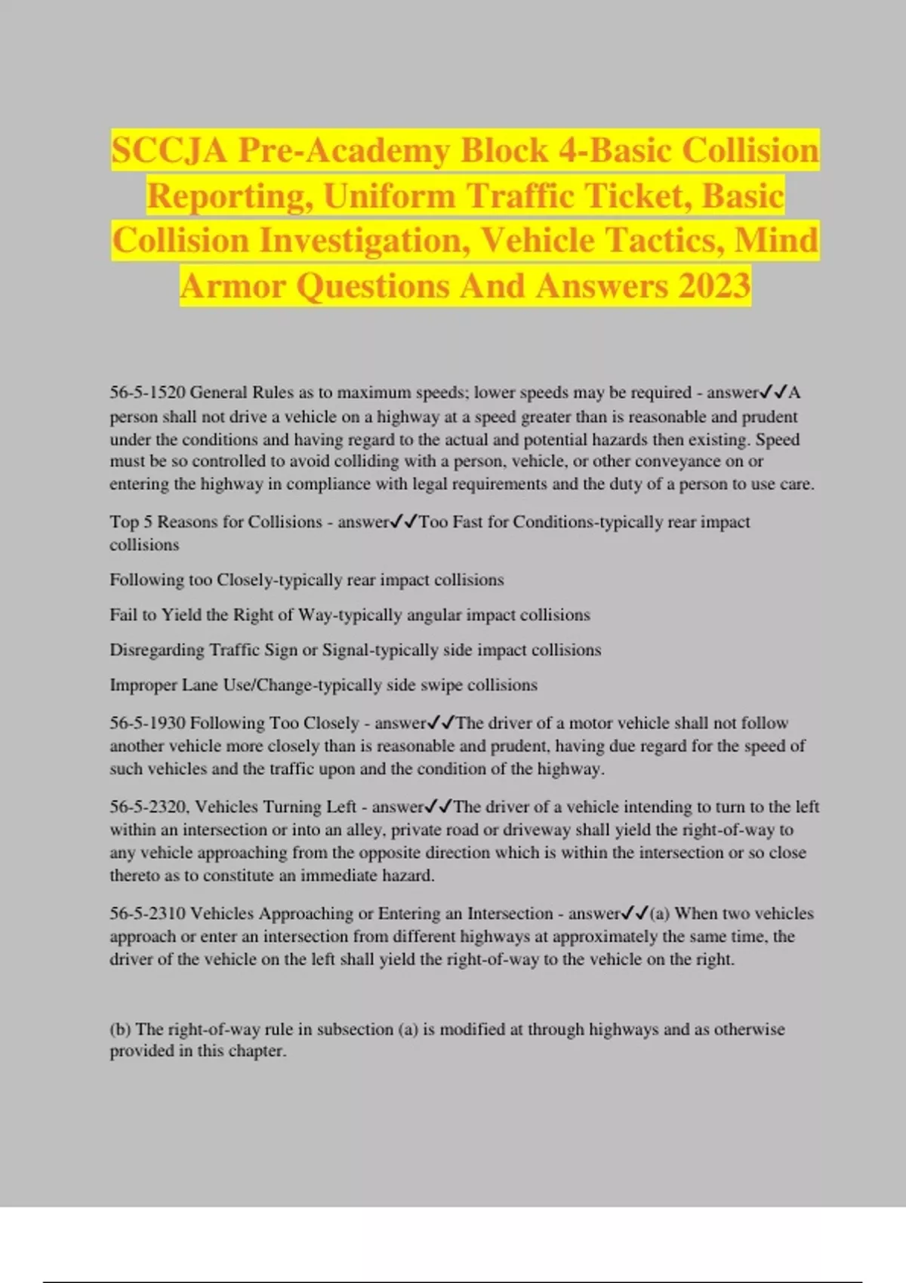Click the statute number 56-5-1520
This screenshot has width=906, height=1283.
[x=147, y=392]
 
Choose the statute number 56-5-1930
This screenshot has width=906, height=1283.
[x=147, y=723]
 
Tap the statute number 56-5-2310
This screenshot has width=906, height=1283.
[x=147, y=913]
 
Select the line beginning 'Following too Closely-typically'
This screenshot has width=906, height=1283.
[x=307, y=580]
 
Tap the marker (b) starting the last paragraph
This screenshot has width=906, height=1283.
[x=120, y=1029]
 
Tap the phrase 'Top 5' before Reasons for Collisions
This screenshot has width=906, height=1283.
[x=131, y=522]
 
